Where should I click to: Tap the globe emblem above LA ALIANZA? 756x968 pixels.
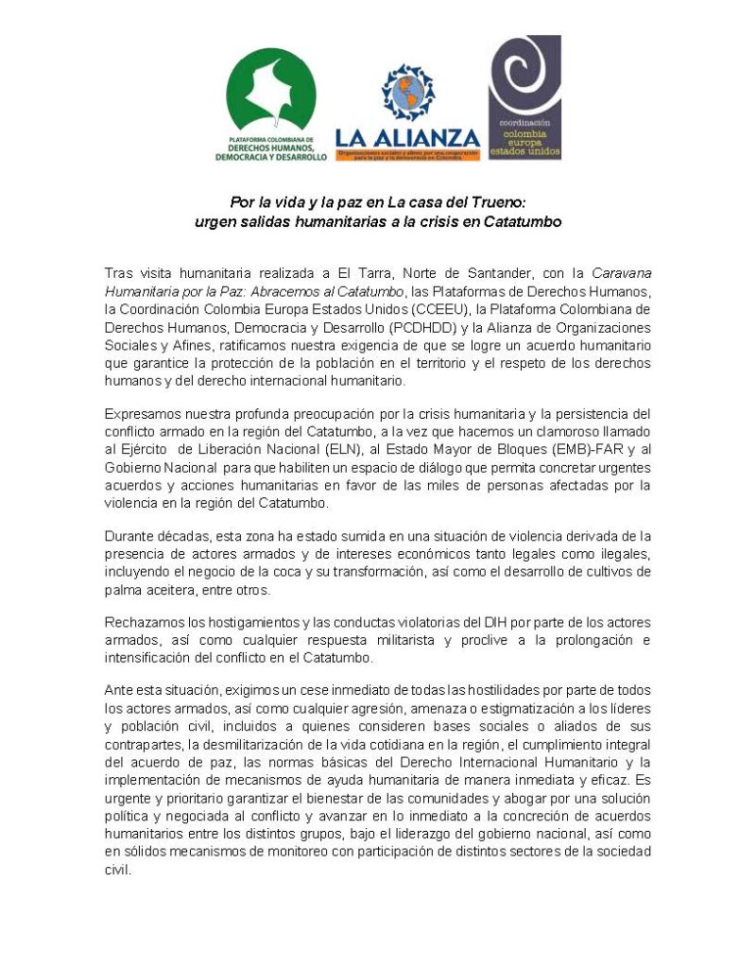[x=408, y=93]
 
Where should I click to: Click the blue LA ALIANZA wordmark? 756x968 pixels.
[x=407, y=139]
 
